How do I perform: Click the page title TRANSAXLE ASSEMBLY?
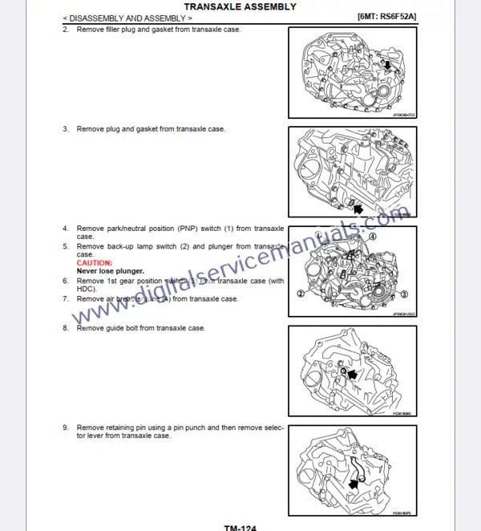(240, 6)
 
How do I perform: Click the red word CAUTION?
(95, 262)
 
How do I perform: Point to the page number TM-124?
(240, 526)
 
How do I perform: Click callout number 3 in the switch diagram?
(404, 294)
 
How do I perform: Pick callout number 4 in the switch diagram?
(373, 237)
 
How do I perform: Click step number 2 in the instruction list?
(66, 29)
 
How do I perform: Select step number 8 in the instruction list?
(66, 328)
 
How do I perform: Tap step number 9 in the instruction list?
(66, 428)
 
